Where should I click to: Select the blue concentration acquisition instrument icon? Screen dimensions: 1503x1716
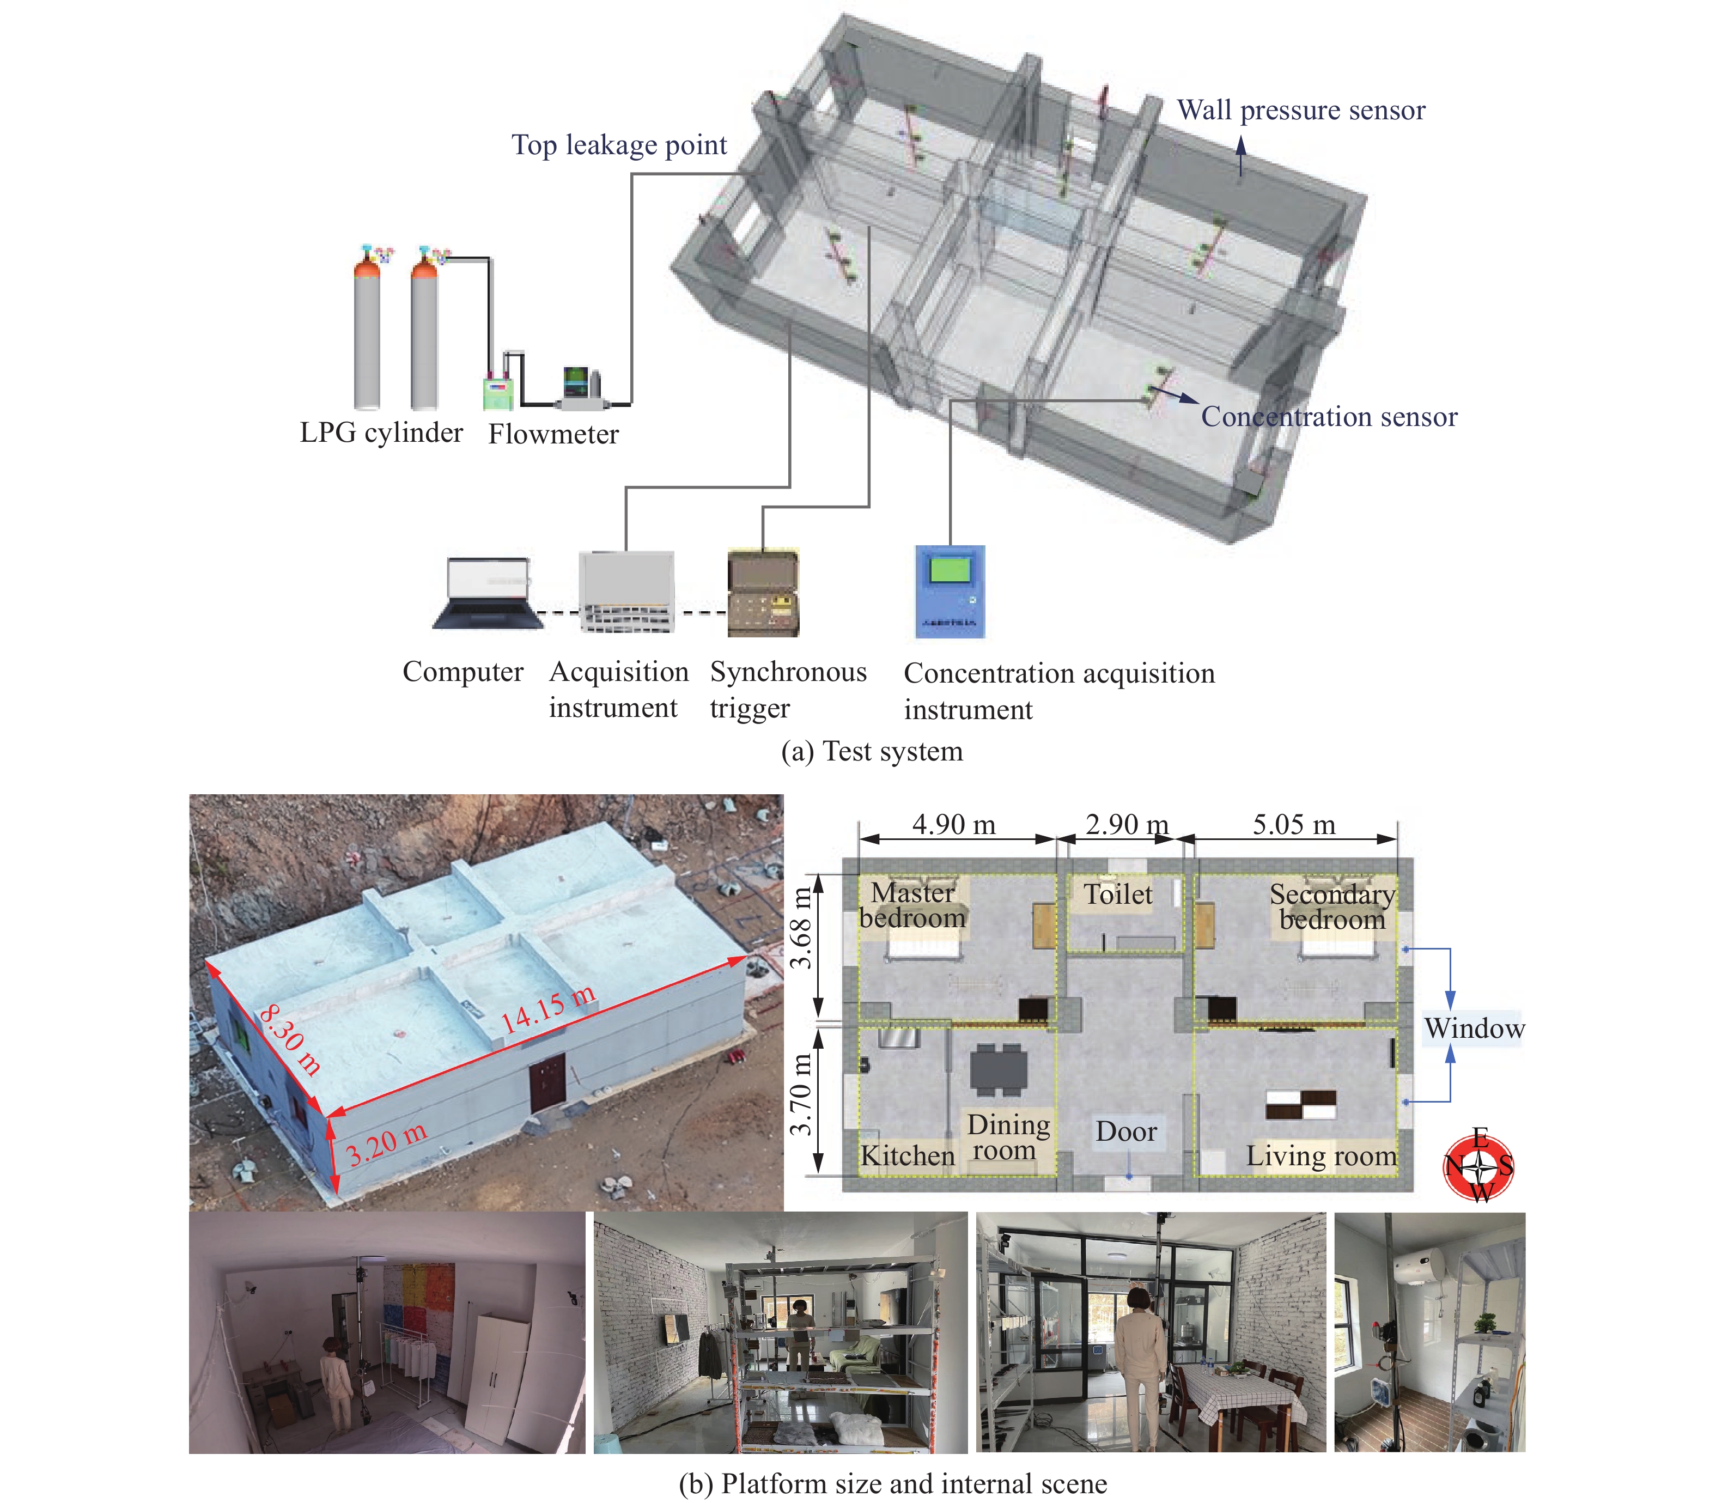click(x=950, y=591)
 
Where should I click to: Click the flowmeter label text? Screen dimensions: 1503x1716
click(x=553, y=435)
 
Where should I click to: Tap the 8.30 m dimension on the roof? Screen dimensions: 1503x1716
click(x=289, y=1040)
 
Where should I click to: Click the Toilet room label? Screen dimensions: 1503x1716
click(x=1118, y=894)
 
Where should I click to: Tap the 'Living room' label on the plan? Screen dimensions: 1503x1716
click(x=1321, y=1156)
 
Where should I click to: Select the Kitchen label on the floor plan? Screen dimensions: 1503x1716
click(x=908, y=1156)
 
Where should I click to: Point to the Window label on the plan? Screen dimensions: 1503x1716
click(x=1474, y=1029)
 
